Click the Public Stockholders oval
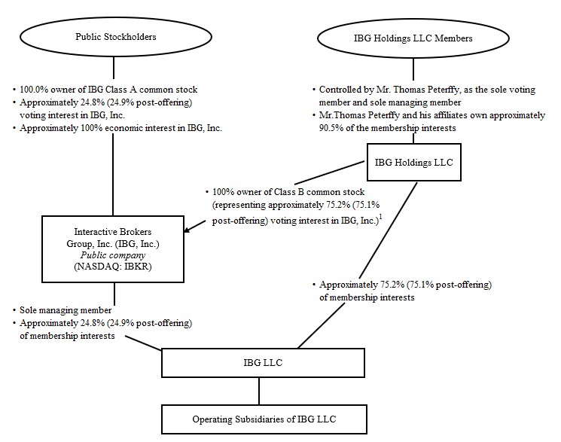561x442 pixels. point(113,35)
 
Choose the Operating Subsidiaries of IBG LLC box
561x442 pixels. point(259,418)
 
